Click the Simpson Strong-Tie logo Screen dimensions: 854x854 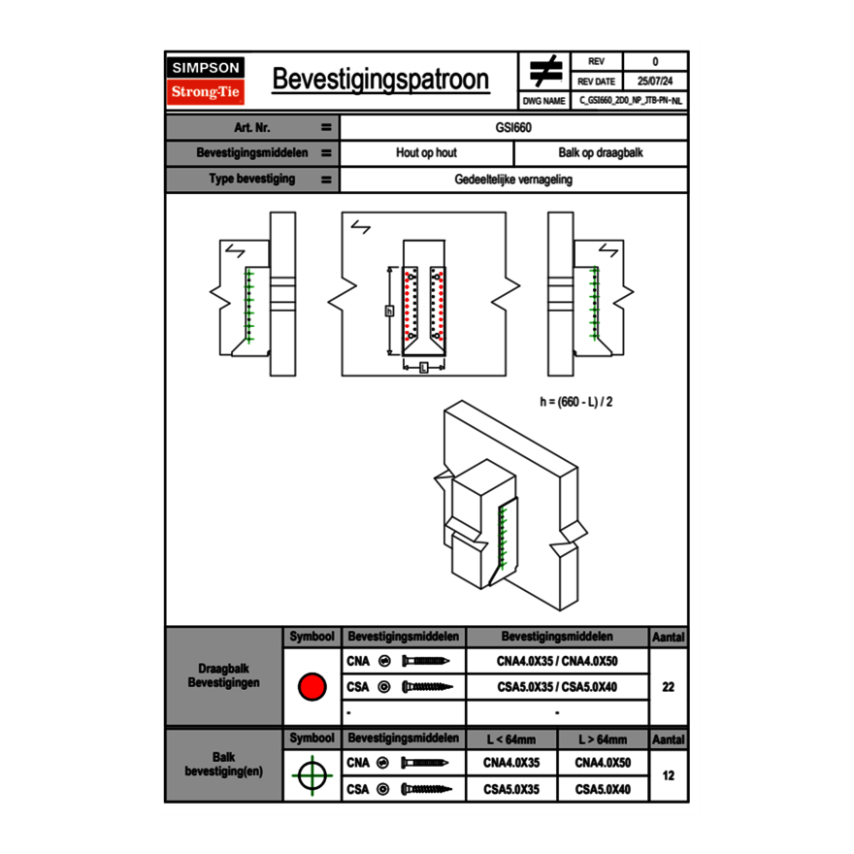[206, 81]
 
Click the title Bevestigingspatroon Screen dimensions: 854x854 [380, 80]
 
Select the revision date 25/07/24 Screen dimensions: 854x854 [655, 82]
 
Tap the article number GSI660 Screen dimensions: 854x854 [513, 127]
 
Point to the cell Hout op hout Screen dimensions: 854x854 [426, 153]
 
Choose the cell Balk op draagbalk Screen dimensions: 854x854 [601, 153]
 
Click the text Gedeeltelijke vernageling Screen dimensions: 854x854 [513, 180]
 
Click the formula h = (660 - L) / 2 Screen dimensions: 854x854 [576, 401]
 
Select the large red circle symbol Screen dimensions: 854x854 [312, 687]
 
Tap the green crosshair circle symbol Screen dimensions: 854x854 [312, 776]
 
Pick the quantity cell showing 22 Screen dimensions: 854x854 [668, 687]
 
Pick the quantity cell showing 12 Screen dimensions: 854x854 [668, 776]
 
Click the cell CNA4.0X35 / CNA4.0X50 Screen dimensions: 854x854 [557, 661]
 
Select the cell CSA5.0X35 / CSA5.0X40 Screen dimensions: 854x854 [557, 687]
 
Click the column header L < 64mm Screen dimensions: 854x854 [511, 739]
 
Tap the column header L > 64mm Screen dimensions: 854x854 [603, 739]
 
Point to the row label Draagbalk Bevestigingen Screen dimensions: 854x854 [223, 676]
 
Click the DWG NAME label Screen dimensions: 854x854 [543, 100]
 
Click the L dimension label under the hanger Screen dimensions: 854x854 [424, 367]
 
